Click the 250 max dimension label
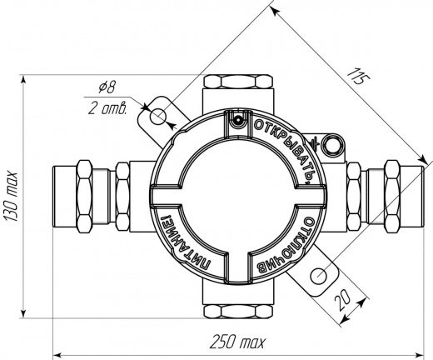(x=237, y=342)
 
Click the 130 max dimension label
(x=12, y=197)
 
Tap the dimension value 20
(x=342, y=300)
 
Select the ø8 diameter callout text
(x=107, y=87)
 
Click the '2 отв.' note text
(x=107, y=108)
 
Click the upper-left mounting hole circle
(x=158, y=117)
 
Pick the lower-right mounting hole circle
(x=319, y=276)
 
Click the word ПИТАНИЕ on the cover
(x=185, y=242)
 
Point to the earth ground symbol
(x=313, y=144)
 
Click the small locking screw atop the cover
(x=238, y=121)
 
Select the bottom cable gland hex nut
(x=238, y=312)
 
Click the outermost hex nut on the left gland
(x=85, y=197)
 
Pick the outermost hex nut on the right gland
(x=392, y=197)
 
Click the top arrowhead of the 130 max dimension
(x=23, y=79)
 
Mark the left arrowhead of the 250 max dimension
(x=57, y=355)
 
